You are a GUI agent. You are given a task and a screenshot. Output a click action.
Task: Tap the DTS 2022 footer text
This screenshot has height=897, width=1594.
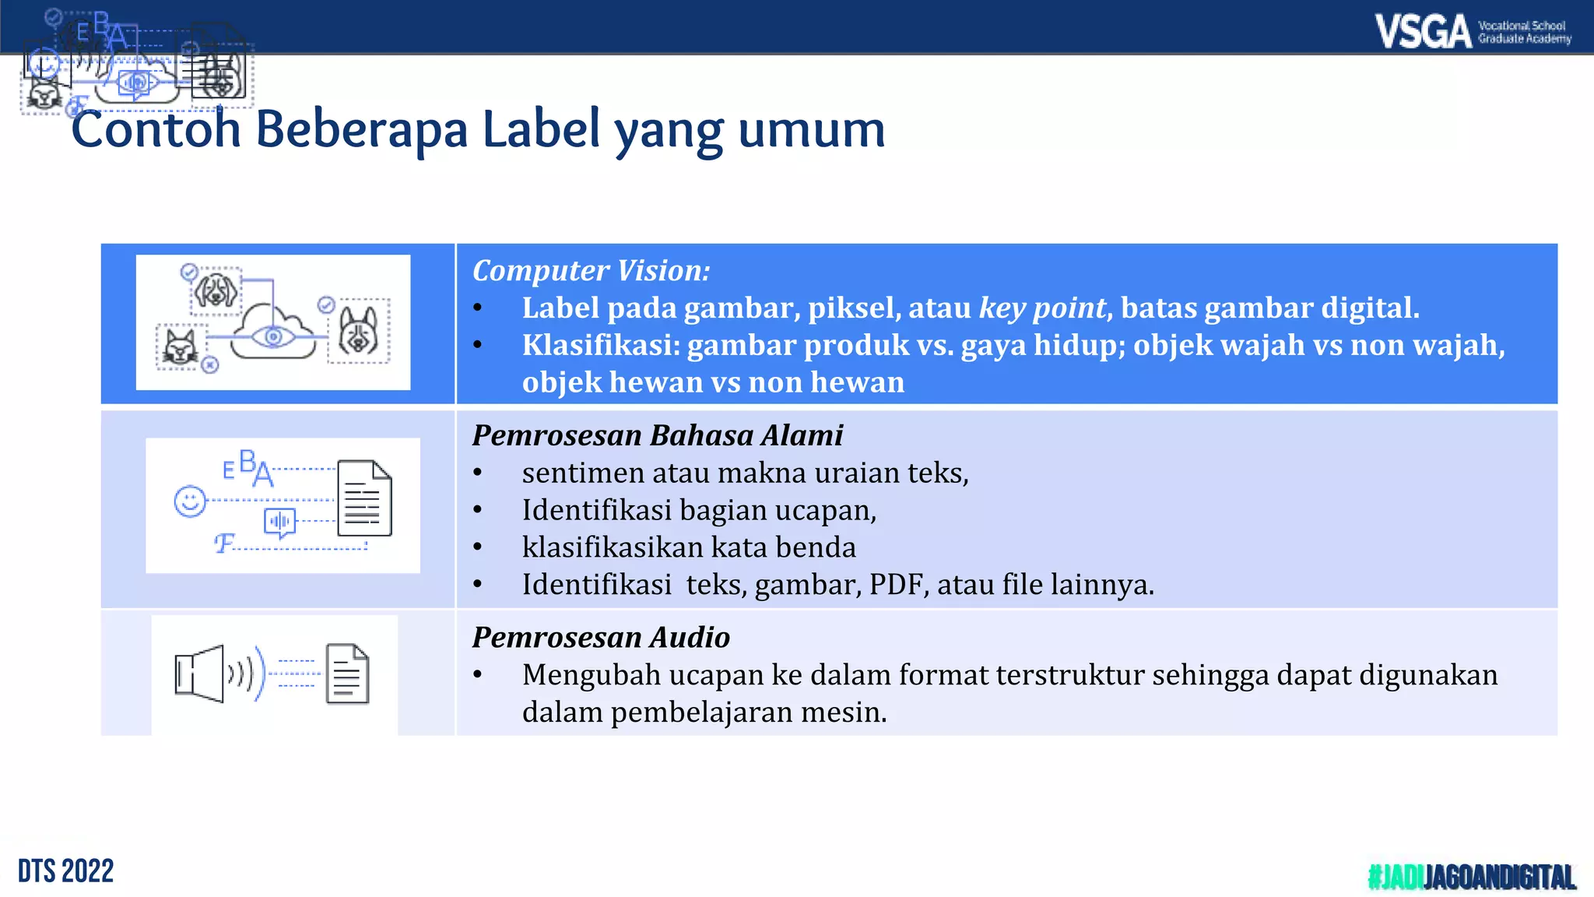[66, 871]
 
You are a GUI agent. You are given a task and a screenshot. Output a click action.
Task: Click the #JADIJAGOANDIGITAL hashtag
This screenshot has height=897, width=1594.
[1471, 877]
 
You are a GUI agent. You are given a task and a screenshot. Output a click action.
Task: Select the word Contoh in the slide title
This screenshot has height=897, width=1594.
[156, 129]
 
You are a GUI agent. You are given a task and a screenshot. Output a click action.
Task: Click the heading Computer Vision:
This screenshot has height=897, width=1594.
[591, 271]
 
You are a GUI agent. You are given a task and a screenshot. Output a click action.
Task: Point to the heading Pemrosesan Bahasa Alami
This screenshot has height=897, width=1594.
[657, 435]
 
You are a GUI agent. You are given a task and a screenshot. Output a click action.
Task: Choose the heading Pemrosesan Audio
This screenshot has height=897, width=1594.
[601, 638]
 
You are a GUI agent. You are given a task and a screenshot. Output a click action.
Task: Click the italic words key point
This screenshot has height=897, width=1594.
[1042, 308]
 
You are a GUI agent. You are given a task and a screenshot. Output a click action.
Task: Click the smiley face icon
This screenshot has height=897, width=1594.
[190, 501]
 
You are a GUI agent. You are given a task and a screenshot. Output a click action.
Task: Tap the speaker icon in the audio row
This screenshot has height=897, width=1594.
[200, 674]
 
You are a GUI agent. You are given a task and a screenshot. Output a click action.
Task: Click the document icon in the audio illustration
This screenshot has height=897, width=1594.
[347, 674]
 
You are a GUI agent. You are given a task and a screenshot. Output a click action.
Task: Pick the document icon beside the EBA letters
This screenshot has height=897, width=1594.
[364, 498]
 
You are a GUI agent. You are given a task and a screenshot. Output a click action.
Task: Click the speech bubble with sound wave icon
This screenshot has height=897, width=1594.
[279, 522]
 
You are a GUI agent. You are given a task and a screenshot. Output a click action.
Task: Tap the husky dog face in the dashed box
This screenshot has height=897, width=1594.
[358, 331]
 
